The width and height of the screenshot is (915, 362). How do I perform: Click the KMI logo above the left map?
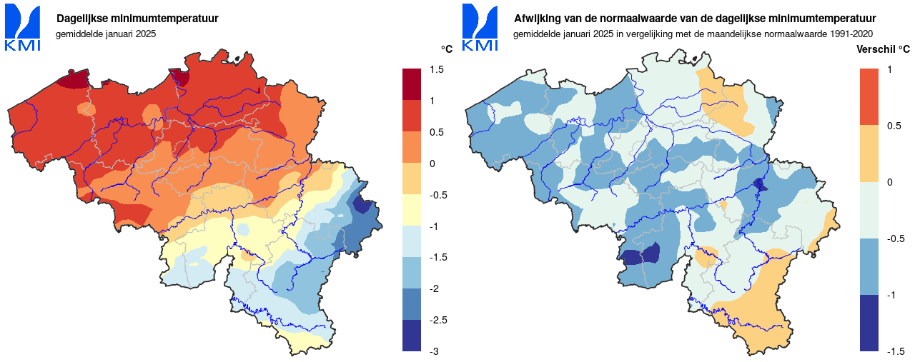point(23,28)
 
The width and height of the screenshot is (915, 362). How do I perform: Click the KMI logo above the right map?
point(480,28)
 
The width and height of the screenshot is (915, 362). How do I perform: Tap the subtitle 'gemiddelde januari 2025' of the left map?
point(106,34)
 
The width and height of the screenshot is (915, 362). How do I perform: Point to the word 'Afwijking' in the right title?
point(535,19)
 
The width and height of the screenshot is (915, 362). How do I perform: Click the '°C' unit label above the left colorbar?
point(447,49)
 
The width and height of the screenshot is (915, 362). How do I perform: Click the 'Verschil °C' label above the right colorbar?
point(883,49)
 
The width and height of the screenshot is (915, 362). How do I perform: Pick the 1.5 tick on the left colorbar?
point(437,69)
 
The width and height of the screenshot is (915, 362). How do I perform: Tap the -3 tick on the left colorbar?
point(435,351)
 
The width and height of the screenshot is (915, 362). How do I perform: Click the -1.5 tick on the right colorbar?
point(896,351)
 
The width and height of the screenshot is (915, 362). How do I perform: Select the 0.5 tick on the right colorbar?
point(894,126)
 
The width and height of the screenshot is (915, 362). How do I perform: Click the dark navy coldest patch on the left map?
point(364,206)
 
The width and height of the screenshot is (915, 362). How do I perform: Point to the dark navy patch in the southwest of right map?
point(641,256)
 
